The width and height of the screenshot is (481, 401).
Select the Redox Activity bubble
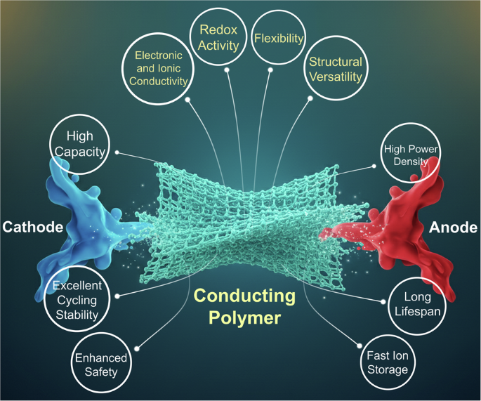tap(220, 39)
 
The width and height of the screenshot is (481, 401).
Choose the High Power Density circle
tap(411, 156)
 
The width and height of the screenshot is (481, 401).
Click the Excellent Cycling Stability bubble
tap(77, 300)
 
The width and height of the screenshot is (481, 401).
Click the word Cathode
tap(32, 227)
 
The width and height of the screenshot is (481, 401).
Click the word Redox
tap(220, 31)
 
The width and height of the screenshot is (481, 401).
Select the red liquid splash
tap(407, 218)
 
